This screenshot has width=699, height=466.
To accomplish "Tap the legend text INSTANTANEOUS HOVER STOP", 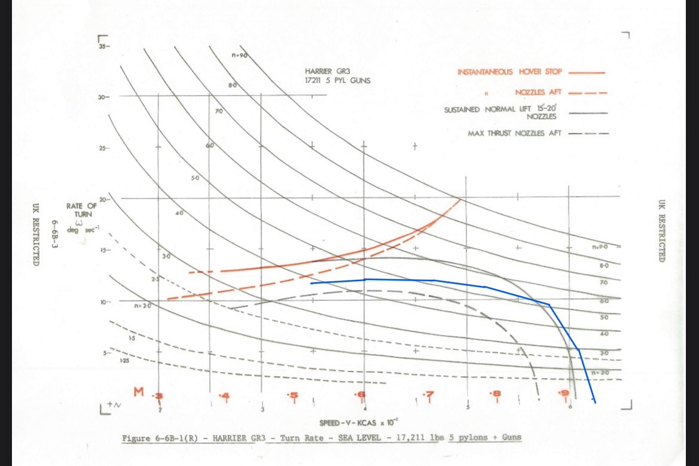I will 510,72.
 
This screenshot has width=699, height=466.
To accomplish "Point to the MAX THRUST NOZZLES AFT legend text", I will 514,133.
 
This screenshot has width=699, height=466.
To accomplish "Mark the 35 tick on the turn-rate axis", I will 104,46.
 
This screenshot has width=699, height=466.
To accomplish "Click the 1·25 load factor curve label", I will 124,361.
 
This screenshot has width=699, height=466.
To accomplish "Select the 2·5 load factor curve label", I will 156,279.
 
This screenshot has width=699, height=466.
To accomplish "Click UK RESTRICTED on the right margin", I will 661,231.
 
